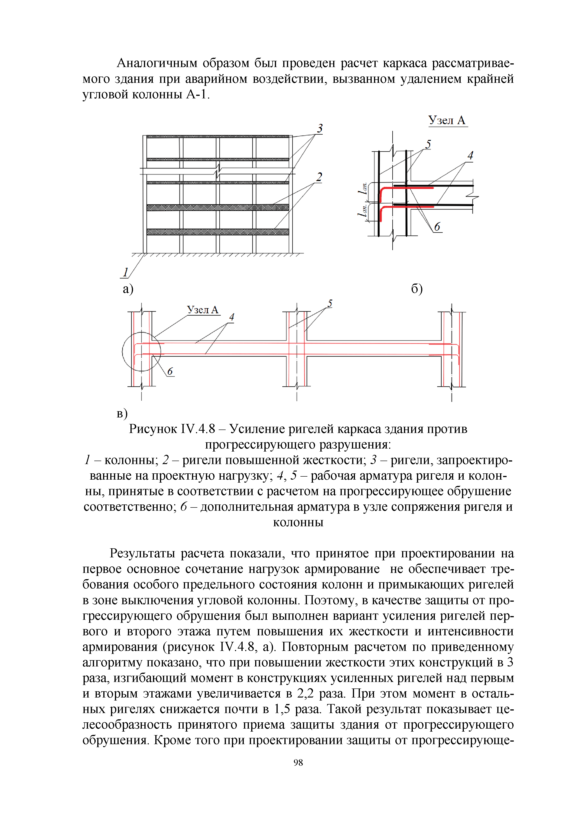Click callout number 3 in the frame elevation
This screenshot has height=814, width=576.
[x=320, y=128]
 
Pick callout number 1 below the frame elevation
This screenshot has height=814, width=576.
[x=125, y=272]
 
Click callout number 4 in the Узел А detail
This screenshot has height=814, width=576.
[x=470, y=155]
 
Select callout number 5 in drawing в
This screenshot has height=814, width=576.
[x=330, y=304]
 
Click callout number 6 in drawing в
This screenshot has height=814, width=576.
[x=170, y=371]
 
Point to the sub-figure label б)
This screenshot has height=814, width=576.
[x=417, y=289]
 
